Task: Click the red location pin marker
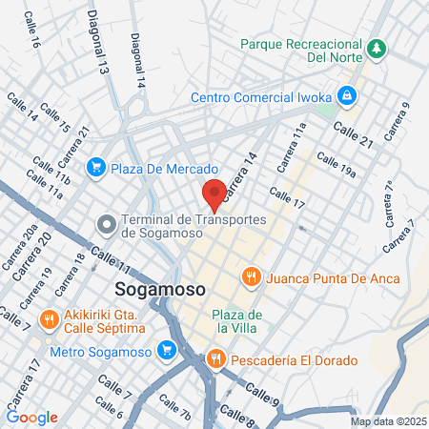(x=215, y=194)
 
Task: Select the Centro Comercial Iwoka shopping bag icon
(x=349, y=96)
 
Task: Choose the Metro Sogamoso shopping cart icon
(x=169, y=350)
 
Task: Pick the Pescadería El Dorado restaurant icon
(x=215, y=360)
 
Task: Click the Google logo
(x=31, y=418)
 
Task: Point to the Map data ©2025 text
(x=387, y=421)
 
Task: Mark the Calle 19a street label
(x=337, y=166)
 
